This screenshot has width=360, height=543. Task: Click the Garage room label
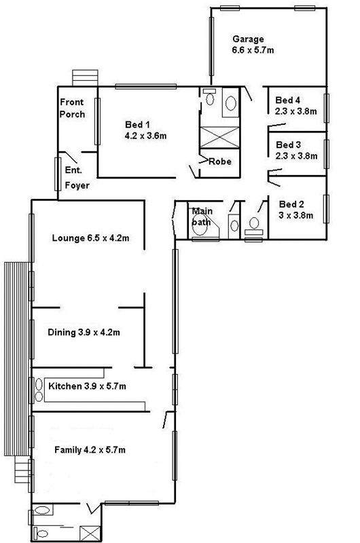pyautogui.click(x=248, y=39)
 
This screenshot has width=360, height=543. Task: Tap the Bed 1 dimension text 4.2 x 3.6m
pyautogui.click(x=145, y=135)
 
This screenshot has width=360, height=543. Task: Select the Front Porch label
pyautogui.click(x=72, y=108)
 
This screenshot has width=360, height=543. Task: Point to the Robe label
pyautogui.click(x=220, y=162)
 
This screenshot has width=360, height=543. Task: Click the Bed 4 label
pyautogui.click(x=287, y=100)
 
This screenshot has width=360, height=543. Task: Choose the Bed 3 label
pyautogui.click(x=288, y=145)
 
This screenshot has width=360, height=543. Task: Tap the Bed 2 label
pyautogui.click(x=291, y=204)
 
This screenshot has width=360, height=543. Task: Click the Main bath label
pyautogui.click(x=202, y=217)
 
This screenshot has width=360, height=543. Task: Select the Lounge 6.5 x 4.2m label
pyautogui.click(x=91, y=238)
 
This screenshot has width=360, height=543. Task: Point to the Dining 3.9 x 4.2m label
pyautogui.click(x=84, y=333)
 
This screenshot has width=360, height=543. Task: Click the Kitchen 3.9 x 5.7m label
pyautogui.click(x=87, y=386)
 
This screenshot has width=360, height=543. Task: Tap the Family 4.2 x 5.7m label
pyautogui.click(x=90, y=450)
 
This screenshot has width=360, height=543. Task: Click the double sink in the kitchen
pyautogui.click(x=39, y=390)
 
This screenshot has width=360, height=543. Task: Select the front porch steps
pyautogui.click(x=85, y=78)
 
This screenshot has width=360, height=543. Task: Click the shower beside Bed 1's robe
pyautogui.click(x=219, y=138)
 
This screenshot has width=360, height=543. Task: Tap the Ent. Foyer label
pyautogui.click(x=77, y=178)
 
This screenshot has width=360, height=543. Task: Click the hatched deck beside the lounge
pyautogui.click(x=16, y=359)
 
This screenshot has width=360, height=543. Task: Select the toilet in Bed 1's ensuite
pyautogui.click(x=209, y=98)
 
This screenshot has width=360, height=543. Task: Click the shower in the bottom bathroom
pyautogui.click(x=90, y=533)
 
